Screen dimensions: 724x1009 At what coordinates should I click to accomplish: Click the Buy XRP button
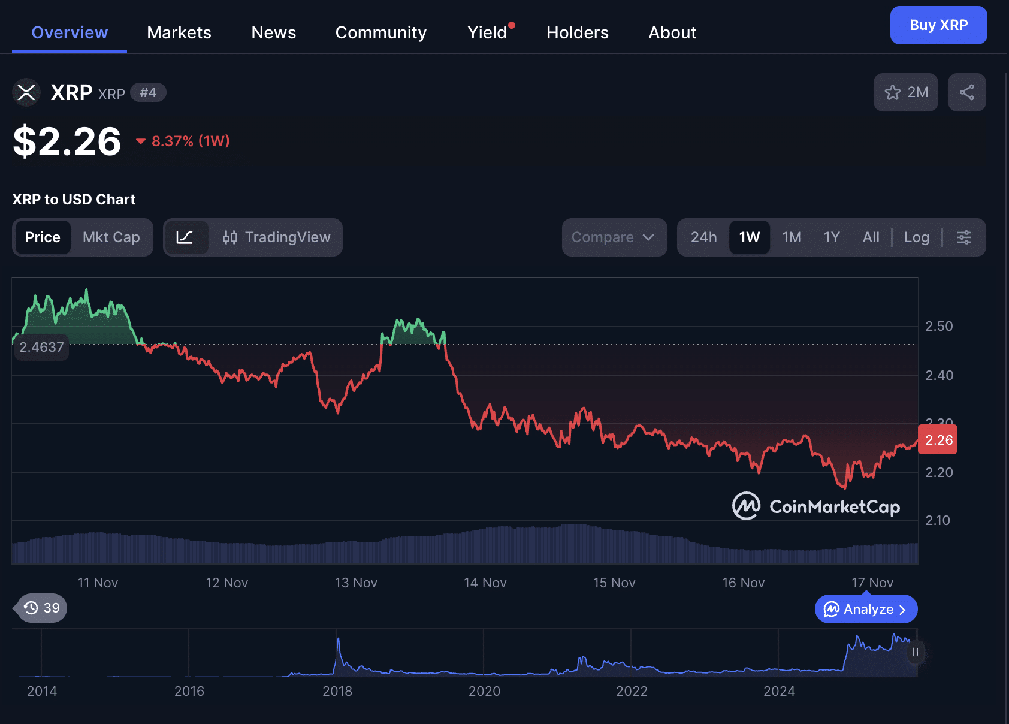(x=938, y=25)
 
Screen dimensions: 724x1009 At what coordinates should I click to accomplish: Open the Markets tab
(x=179, y=32)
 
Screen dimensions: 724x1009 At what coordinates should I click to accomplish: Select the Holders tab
(x=577, y=32)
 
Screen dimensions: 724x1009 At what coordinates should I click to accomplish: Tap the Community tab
(x=380, y=32)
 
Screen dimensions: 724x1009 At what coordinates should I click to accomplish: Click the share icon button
(x=966, y=92)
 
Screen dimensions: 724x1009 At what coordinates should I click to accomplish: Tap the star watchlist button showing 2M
(x=905, y=92)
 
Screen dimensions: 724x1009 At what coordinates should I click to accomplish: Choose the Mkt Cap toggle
(x=111, y=237)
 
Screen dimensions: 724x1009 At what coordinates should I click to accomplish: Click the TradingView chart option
(x=276, y=237)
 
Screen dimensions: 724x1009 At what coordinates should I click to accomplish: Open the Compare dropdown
(x=614, y=237)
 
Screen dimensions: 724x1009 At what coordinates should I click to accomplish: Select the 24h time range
(x=703, y=237)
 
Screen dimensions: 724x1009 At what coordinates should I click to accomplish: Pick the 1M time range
(x=792, y=237)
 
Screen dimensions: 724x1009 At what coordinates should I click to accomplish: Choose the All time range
(x=871, y=237)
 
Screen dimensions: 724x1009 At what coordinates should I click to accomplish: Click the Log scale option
(x=916, y=237)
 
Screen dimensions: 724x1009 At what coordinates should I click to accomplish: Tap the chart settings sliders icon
(x=963, y=237)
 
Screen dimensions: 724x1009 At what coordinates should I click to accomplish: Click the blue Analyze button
(x=866, y=609)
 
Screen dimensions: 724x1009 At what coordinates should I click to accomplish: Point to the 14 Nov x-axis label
(x=485, y=583)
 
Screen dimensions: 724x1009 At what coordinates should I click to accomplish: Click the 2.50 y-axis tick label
(x=939, y=326)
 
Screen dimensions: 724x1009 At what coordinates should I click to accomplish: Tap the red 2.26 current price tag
(x=938, y=440)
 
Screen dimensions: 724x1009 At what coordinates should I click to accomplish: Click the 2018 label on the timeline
(x=337, y=691)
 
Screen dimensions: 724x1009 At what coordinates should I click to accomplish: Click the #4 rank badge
(x=148, y=92)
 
